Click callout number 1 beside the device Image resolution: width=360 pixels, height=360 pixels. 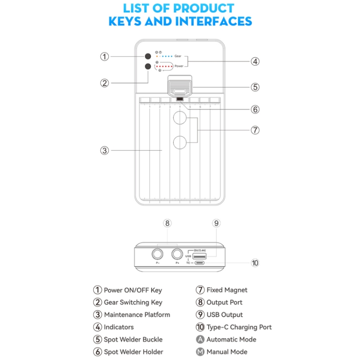pos(104,56)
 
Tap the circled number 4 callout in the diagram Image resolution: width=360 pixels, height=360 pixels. pos(255,61)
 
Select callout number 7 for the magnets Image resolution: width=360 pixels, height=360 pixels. pos(255,130)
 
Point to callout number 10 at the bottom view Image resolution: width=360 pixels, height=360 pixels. pos(255,263)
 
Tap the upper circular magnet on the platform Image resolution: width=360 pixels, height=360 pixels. pos(180,118)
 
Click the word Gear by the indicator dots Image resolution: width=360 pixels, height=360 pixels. pos(178,57)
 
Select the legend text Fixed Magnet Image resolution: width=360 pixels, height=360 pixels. pos(227,290)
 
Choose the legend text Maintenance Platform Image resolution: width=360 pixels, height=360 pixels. pos(137,315)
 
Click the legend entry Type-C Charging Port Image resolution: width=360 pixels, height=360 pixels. pos(239,327)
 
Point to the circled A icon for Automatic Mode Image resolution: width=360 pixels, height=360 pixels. pos(200,339)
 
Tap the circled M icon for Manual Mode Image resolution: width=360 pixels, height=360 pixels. pos(200,352)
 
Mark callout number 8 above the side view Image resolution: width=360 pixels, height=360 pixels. pos(167,223)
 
